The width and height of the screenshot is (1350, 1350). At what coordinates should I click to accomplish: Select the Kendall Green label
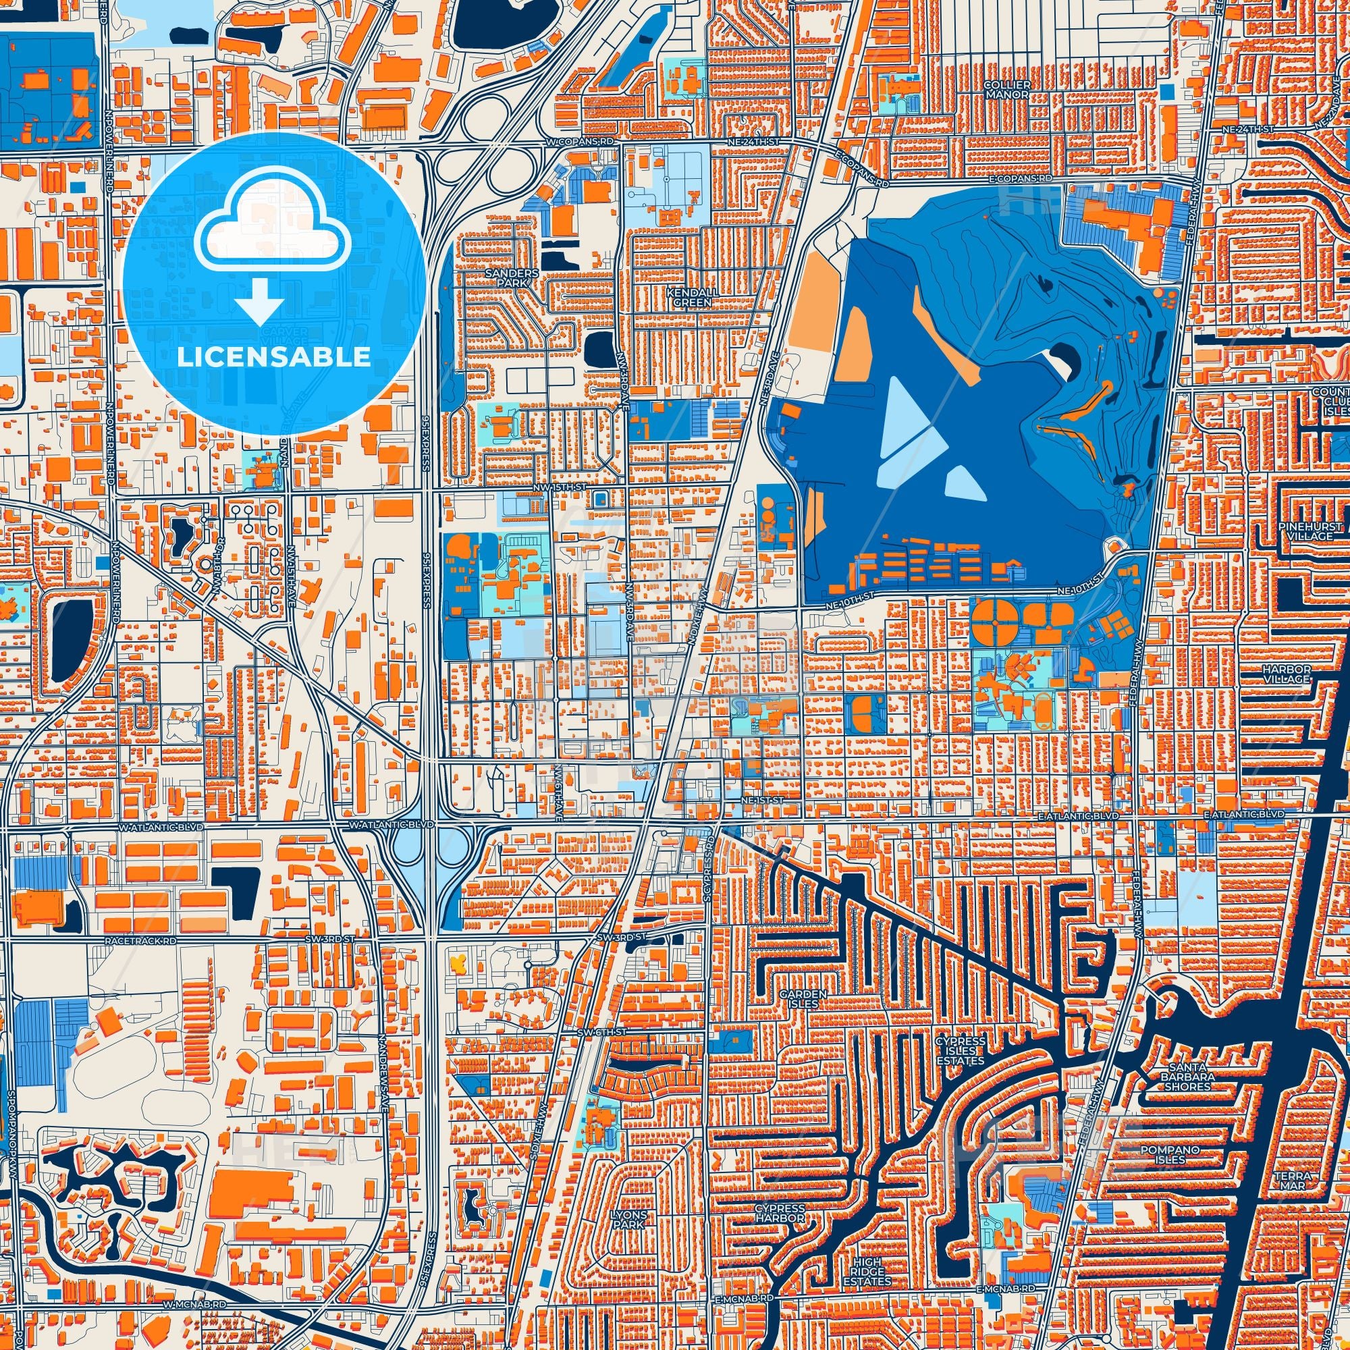pos(689,298)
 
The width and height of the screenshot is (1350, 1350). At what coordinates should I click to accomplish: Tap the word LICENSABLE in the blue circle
pos(273,357)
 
